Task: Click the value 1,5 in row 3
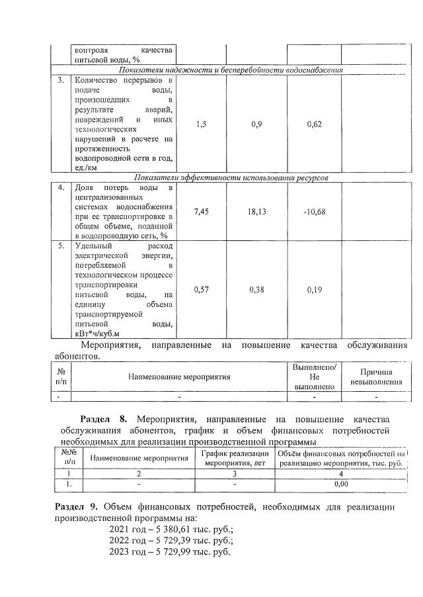tap(202, 124)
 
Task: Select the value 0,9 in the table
tap(256, 124)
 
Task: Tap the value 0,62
tap(314, 124)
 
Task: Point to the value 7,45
tap(202, 212)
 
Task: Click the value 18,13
tap(256, 212)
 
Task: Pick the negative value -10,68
tap(314, 212)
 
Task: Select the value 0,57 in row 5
tap(202, 289)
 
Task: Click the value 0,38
tap(256, 289)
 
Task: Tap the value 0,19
tap(314, 289)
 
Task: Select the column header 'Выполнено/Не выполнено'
tap(314, 377)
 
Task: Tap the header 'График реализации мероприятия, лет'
tap(235, 458)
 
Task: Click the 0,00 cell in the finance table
tap(341, 484)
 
